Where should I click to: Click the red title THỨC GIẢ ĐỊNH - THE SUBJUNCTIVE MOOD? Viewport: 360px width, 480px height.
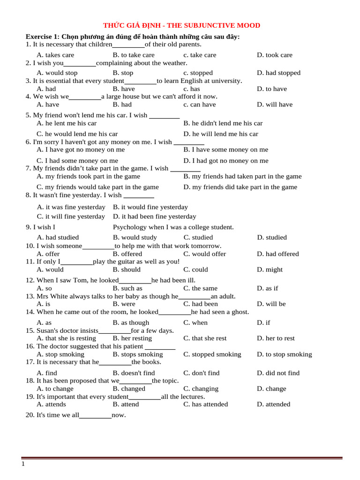pos(181,25)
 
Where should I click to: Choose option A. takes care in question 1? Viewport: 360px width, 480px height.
pos(55,55)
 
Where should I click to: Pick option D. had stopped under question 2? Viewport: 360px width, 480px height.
pos(278,73)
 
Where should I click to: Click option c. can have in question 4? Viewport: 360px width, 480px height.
pos(200,105)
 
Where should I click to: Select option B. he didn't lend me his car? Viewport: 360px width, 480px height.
pos(223,123)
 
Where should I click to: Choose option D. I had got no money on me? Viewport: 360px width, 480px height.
pos(226,160)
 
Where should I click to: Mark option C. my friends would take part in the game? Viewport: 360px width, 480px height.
pos(98,187)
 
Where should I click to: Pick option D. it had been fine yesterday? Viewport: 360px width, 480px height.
pos(155,217)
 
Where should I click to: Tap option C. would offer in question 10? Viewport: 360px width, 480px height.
pos(205,254)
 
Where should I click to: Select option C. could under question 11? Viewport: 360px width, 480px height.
pos(196,270)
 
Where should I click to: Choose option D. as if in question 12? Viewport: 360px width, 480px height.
pos(268,288)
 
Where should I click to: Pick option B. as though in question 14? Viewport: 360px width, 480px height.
pos(131,322)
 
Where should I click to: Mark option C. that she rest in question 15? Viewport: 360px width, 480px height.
pos(205,338)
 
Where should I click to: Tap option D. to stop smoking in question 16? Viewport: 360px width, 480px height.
pos(284,354)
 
